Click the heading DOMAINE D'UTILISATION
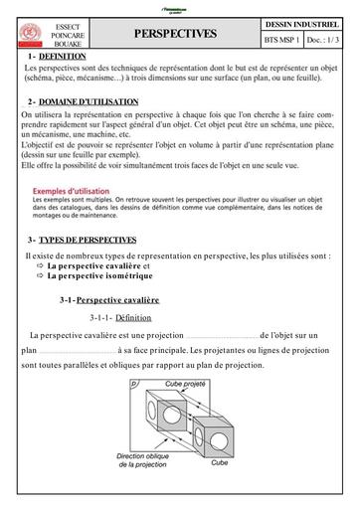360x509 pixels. (x=90, y=102)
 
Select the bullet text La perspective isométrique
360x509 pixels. (x=99, y=276)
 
